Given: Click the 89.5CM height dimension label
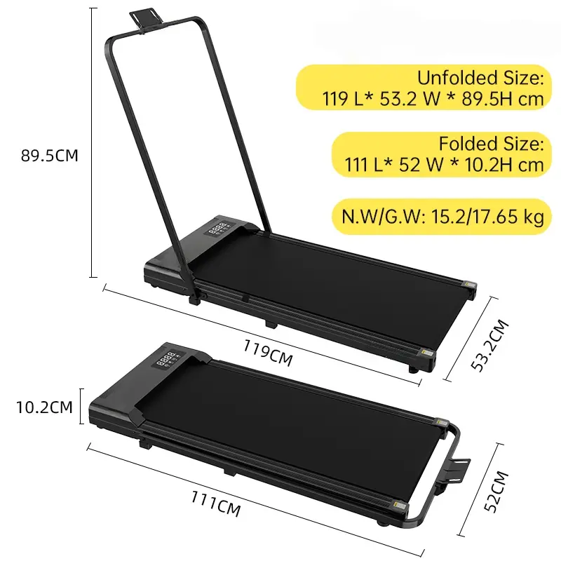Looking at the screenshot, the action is [49, 156].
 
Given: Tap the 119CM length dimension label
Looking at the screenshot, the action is [268, 353].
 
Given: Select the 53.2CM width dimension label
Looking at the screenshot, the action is [489, 346].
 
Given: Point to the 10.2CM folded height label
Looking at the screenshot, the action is [44, 407].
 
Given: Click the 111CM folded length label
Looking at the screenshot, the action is [216, 503].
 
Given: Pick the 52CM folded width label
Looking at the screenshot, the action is [496, 492].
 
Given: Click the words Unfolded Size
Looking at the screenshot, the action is [480, 78].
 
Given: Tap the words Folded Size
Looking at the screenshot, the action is [492, 144].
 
